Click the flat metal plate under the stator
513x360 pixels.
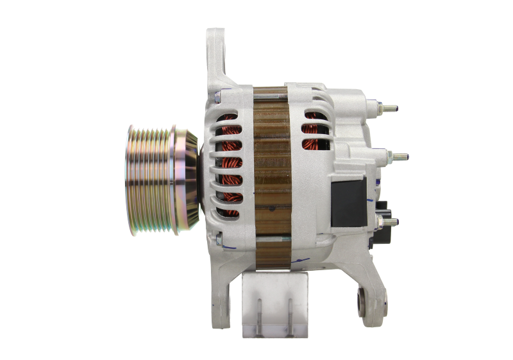pos(273,305)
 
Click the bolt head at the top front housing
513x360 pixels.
pos(219,96)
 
